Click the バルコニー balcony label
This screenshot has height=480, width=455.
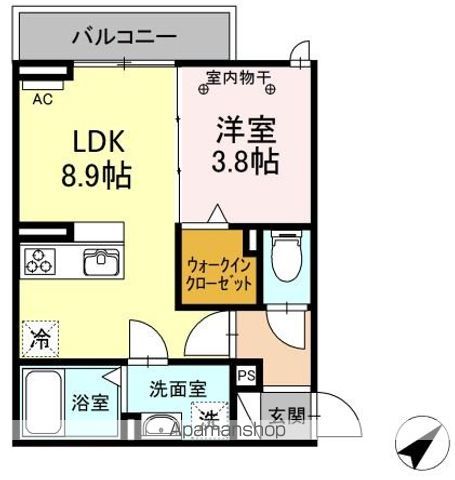coord(124,37)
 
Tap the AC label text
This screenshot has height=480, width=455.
coord(42,99)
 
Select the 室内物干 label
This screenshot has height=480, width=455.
coord(241,76)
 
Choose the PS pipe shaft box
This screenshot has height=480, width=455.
coord(246,375)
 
